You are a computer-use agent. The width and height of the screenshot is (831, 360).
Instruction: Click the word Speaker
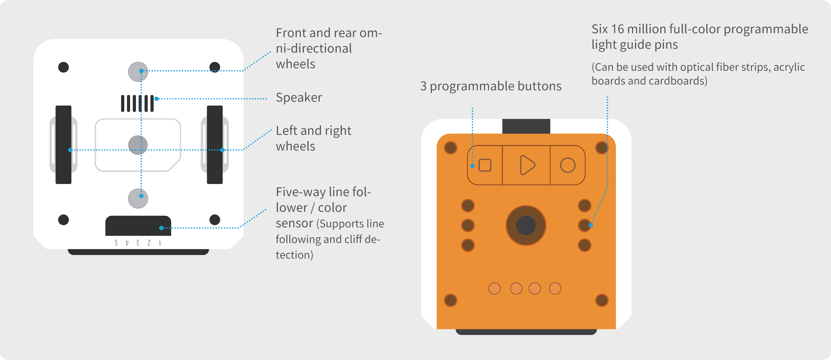[299, 97]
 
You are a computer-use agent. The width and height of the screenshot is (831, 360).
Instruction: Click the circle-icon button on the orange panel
[567, 165]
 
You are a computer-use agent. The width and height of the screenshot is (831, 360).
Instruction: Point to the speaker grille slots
[137, 103]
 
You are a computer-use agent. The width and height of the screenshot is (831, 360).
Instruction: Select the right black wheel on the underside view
[215, 145]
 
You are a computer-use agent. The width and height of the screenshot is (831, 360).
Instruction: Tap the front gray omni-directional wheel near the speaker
[138, 72]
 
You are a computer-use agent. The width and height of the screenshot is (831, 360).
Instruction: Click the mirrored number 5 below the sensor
[116, 243]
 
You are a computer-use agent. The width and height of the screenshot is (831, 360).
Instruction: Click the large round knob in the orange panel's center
[526, 225]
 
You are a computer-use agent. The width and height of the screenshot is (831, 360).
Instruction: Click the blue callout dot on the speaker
[156, 99]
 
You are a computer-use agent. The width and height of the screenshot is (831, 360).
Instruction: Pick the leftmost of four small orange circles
[494, 288]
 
